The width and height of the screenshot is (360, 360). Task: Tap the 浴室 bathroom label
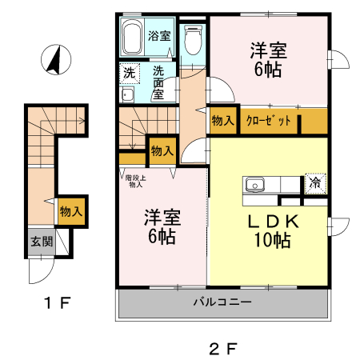[159, 35]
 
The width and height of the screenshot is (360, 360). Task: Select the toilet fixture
[192, 38]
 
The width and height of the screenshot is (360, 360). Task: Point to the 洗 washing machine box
[129, 73]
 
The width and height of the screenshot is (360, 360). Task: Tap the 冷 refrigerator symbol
[315, 182]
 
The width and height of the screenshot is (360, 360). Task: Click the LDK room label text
[268, 220]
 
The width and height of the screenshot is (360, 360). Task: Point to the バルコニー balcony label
[222, 303]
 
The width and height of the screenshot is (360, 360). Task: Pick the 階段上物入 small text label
[134, 181]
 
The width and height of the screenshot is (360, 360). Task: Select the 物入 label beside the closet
[222, 121]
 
